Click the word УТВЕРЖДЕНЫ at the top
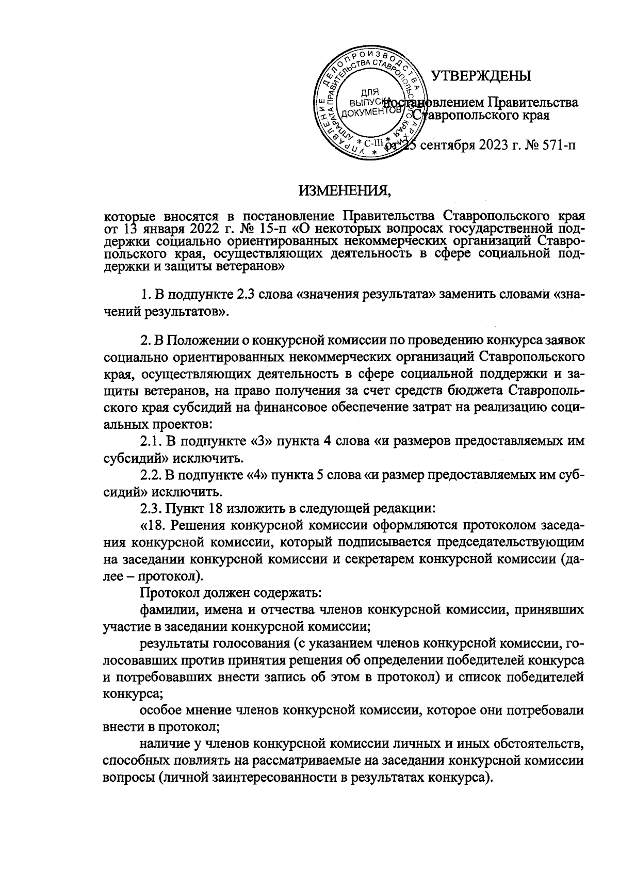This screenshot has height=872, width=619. point(481,76)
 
